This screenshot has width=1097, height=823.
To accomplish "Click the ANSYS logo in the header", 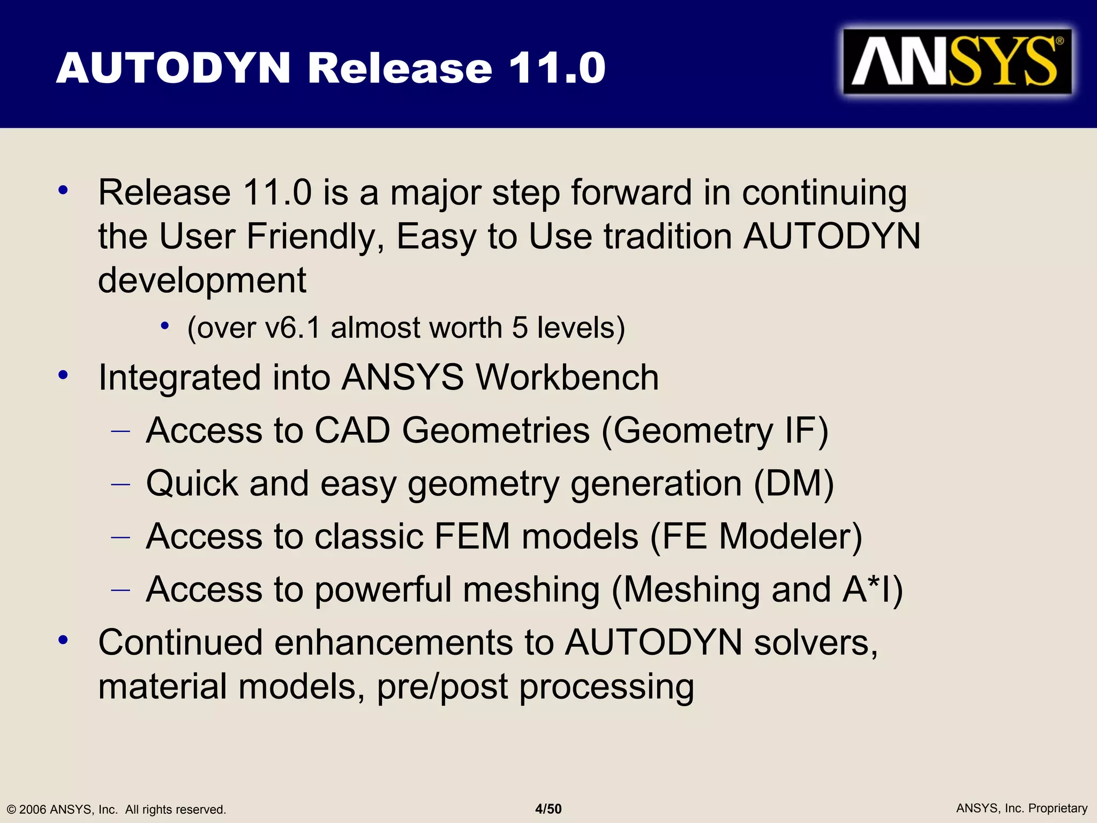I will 957,62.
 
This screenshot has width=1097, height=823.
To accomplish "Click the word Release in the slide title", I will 400,68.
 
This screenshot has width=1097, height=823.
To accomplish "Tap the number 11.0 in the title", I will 557,68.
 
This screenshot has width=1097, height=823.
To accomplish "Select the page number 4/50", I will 548,809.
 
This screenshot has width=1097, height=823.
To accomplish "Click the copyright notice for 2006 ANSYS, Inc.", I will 116,809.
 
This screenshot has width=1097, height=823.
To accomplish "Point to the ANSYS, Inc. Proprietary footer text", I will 1021,808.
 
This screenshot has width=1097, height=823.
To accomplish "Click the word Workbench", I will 567,377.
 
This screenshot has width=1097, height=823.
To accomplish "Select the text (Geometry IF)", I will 715,431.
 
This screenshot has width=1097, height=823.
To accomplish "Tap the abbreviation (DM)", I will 793,484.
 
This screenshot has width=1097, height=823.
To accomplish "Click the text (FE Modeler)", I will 756,536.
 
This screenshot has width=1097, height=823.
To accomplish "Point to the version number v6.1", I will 292,327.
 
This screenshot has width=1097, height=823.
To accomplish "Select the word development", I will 202,280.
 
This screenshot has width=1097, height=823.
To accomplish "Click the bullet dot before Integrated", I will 63,376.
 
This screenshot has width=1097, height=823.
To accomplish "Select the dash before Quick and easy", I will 121,484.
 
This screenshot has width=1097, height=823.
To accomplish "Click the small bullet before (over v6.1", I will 165,326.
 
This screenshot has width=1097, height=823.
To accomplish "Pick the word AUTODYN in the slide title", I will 173,68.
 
